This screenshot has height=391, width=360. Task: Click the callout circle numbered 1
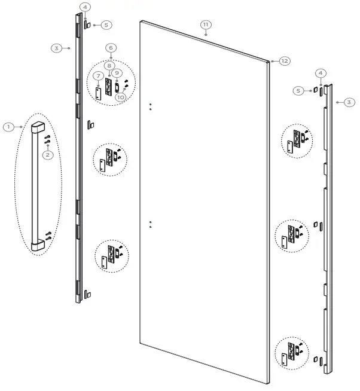(8, 127)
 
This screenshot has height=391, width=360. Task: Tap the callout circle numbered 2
(48, 154)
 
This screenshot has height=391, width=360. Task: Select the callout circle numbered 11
(205, 25)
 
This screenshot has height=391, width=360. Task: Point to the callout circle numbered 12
(284, 61)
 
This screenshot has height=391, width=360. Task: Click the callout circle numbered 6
(111, 47)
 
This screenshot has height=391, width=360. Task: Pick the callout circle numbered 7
(98, 77)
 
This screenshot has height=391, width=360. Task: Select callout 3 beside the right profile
(349, 102)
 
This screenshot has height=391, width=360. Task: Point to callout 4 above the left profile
(86, 7)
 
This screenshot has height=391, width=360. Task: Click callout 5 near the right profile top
(298, 90)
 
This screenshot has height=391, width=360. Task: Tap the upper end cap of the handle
(37, 127)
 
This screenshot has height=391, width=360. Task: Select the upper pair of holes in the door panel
(150, 106)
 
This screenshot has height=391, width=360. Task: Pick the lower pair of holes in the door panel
(150, 224)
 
